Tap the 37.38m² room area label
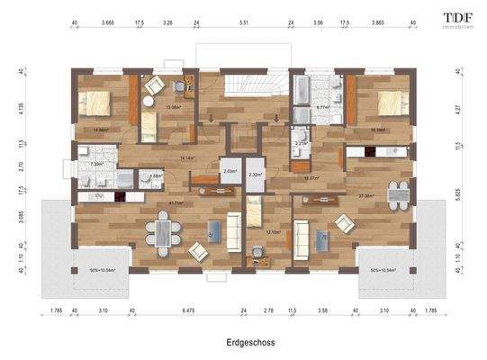click(366, 195)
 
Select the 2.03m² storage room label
click(229, 170)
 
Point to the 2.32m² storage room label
click(256, 174)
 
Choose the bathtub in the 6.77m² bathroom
click(302, 92)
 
